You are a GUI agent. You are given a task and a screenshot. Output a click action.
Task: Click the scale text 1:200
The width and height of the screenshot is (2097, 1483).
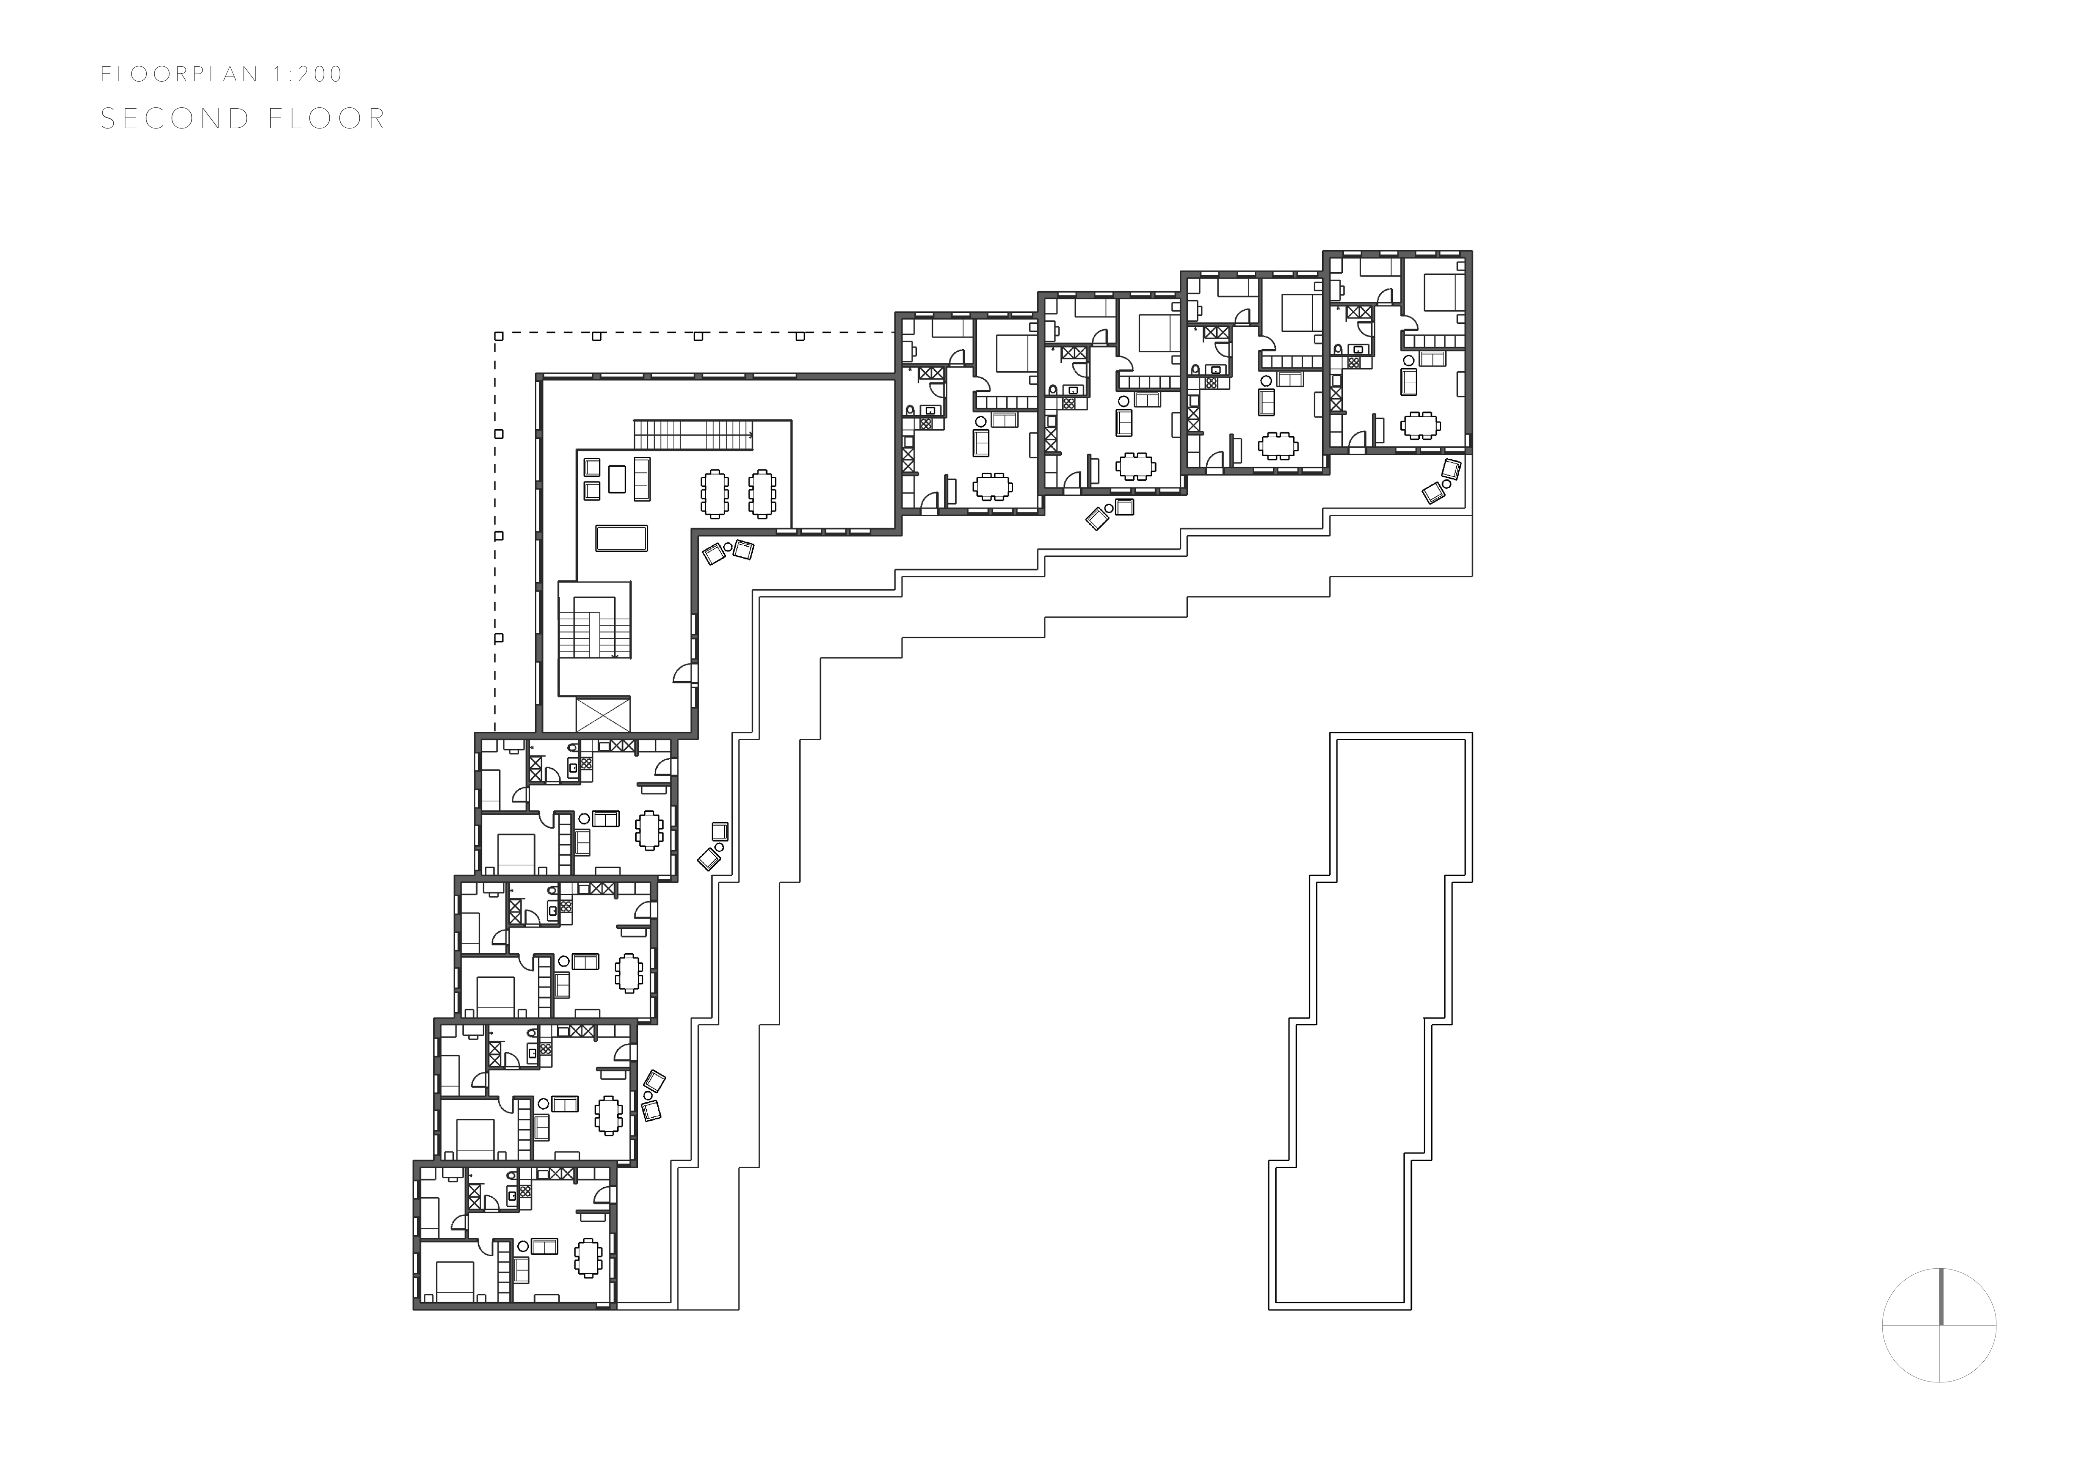pyautogui.click(x=307, y=74)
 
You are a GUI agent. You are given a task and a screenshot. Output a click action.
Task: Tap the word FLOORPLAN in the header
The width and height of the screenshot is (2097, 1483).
pyautogui.click(x=180, y=74)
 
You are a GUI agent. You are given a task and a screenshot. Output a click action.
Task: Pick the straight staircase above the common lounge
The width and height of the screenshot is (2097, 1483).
pyautogui.click(x=694, y=434)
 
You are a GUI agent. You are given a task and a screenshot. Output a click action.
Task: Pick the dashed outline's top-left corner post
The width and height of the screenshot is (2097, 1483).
pyautogui.click(x=499, y=336)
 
